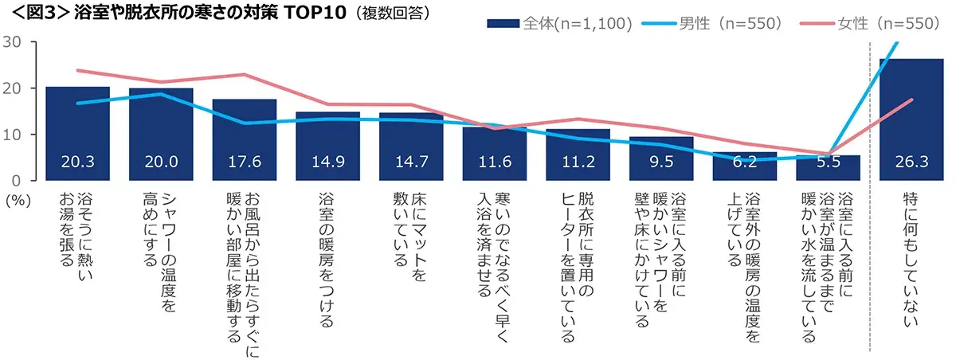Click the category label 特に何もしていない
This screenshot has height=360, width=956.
point(911,259)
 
